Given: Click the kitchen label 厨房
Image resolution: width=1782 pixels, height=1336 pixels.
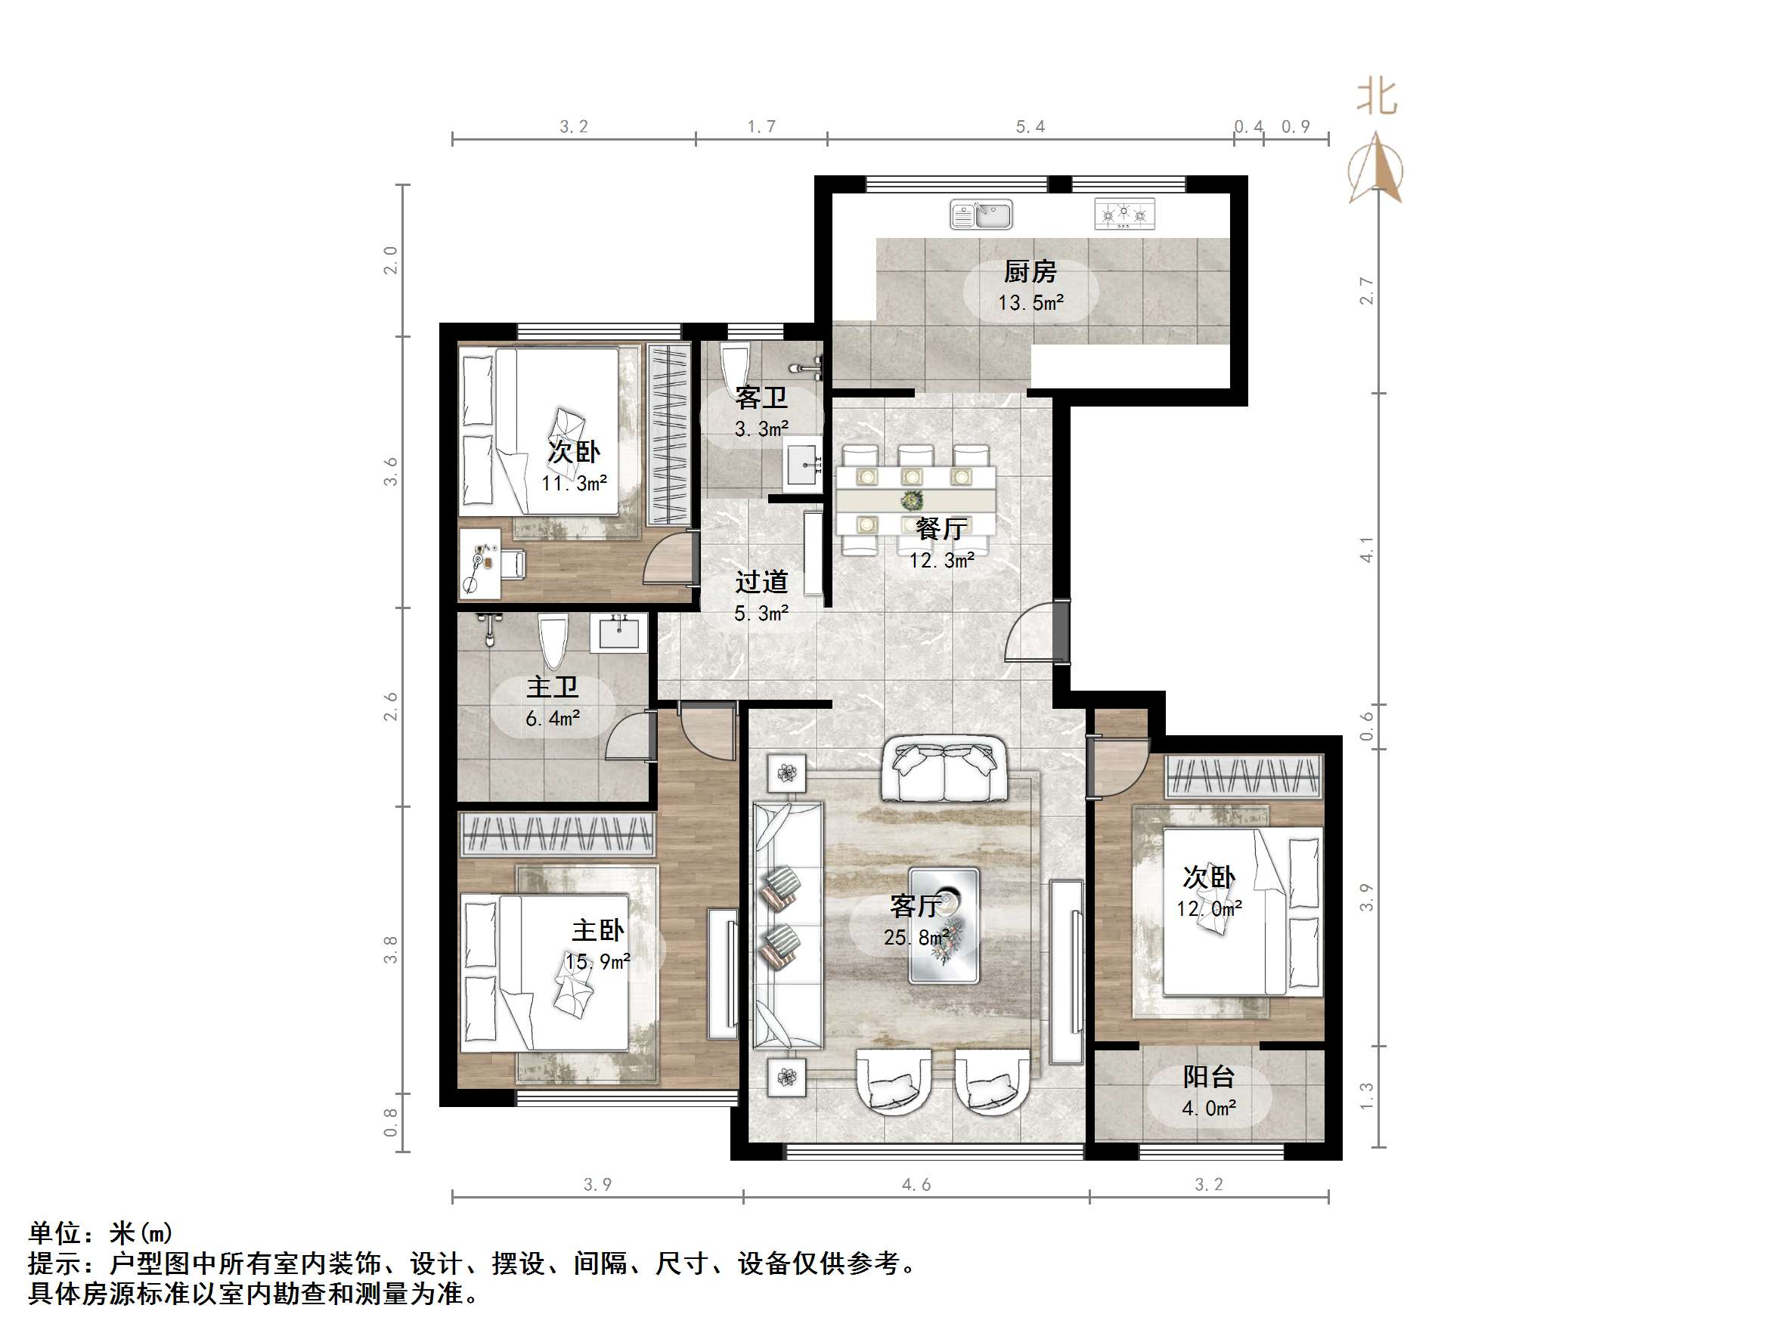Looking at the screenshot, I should coord(1030,272).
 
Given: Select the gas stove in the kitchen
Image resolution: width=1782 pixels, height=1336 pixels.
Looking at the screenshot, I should coord(1123,214).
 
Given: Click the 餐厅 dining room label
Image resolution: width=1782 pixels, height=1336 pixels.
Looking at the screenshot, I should coord(941,529).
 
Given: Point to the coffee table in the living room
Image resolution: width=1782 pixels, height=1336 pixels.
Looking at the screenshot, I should coord(944,925).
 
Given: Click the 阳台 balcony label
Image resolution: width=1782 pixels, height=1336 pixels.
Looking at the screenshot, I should coord(1208,1078).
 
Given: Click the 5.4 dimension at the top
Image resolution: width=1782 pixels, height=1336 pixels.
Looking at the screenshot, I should coord(1030,127).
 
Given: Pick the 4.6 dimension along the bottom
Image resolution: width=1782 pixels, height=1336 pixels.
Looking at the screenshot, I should coord(916,1185).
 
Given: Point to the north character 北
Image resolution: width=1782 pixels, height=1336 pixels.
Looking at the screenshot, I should coord(1377,97).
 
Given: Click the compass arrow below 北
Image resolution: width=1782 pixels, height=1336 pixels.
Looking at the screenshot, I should coord(1377,170).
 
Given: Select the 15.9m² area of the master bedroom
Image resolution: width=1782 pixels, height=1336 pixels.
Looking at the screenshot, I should coord(597,961).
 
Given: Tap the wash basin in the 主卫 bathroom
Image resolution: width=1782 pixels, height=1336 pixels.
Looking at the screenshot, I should coord(618,632).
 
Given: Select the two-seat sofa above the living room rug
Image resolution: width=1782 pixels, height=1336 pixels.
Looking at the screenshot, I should coord(944,769).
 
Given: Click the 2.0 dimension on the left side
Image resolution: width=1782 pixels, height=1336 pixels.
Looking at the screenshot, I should coord(391,260).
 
